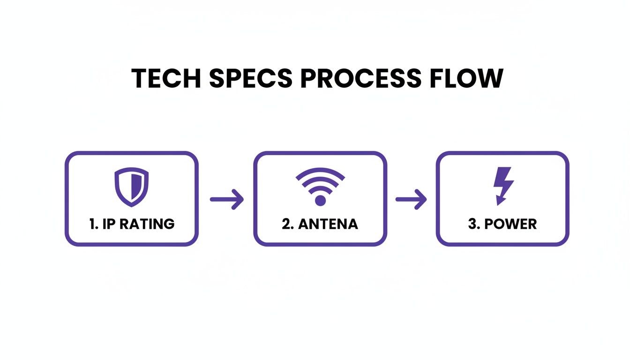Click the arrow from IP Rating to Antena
(x=226, y=200)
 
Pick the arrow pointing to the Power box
(x=411, y=200)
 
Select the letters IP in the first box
(x=109, y=224)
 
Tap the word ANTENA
(x=328, y=224)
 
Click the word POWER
(x=510, y=224)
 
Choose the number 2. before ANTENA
(x=288, y=224)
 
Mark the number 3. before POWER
(x=474, y=224)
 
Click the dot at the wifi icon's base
(x=320, y=201)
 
